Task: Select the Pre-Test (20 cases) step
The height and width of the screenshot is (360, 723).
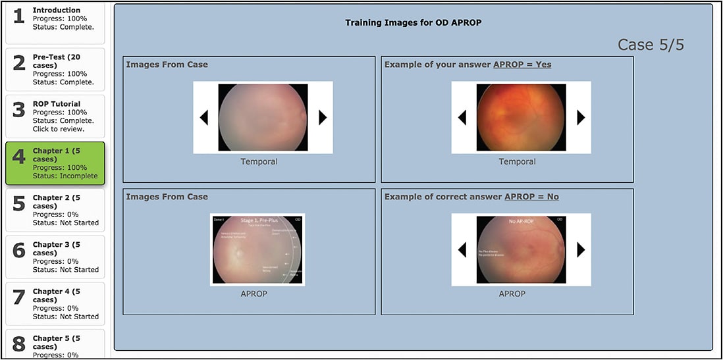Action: click(x=55, y=69)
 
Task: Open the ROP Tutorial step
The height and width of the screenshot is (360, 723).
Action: click(x=55, y=116)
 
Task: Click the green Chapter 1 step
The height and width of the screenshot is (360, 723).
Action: click(x=55, y=163)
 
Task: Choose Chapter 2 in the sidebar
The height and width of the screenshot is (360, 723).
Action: click(x=55, y=210)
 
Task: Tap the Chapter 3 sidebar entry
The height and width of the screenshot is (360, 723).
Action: click(x=55, y=257)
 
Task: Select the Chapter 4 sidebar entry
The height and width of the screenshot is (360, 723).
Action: click(x=55, y=303)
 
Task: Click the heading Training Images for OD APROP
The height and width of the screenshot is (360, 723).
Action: click(x=413, y=23)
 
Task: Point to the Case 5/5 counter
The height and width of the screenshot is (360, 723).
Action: click(x=651, y=45)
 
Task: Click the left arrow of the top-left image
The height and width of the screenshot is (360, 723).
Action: click(x=204, y=118)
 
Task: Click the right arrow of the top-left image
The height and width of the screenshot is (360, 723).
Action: click(x=323, y=118)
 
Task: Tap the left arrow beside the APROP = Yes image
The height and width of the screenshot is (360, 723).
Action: click(x=462, y=118)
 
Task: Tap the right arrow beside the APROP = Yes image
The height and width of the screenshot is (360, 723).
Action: click(x=581, y=118)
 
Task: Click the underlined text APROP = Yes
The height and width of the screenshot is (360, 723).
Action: click(x=522, y=64)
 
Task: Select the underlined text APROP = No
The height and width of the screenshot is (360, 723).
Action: click(x=531, y=197)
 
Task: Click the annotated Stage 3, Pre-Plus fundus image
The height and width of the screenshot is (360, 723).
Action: click(x=257, y=249)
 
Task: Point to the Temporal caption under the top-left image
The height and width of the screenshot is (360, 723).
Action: click(x=259, y=162)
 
